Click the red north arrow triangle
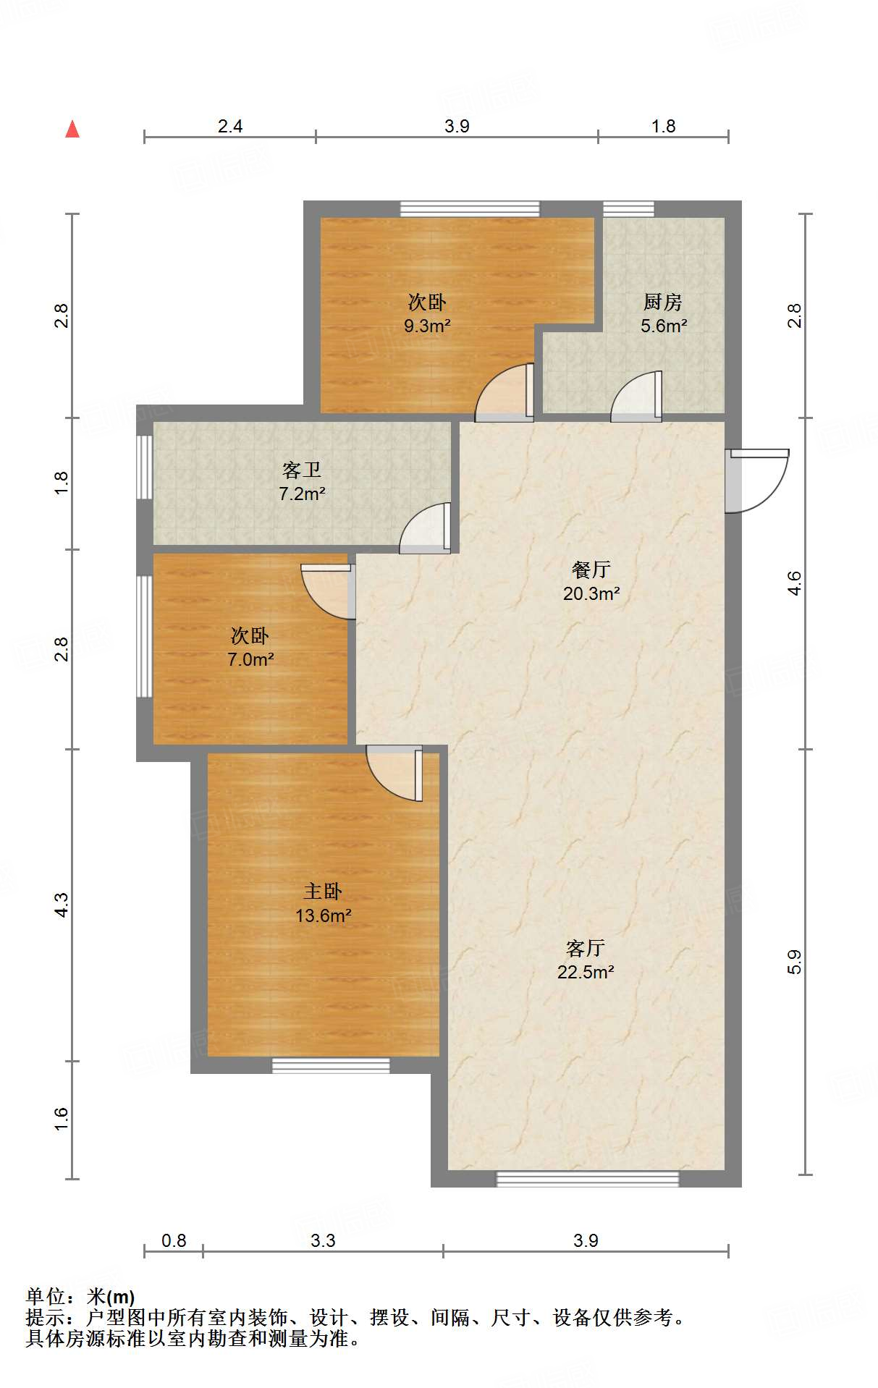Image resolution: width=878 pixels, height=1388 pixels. pyautogui.click(x=72, y=129)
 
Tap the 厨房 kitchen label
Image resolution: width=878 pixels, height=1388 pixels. pyautogui.click(x=663, y=302)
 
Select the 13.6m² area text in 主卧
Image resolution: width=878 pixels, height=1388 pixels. pyautogui.click(x=323, y=915)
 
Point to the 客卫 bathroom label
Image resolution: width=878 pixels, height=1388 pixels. pyautogui.click(x=302, y=470)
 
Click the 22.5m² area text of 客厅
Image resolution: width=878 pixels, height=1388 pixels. pyautogui.click(x=586, y=972)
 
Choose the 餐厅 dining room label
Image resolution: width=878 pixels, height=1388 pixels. pyautogui.click(x=591, y=570)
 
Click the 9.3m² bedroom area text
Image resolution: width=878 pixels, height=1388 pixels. pyautogui.click(x=427, y=326)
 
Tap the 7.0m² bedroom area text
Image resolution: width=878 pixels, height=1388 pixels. pyautogui.click(x=250, y=659)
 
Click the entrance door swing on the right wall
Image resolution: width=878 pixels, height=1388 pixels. pyautogui.click(x=757, y=481)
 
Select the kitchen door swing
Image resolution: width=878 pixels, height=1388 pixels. pyautogui.click(x=636, y=396)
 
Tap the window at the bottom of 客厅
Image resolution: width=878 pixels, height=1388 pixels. pyautogui.click(x=588, y=1179)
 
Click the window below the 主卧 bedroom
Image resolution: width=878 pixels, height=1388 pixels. pyautogui.click(x=331, y=1065)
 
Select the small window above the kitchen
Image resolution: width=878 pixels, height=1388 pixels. pyautogui.click(x=628, y=208)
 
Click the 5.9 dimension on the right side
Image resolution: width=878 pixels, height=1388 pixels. pyautogui.click(x=794, y=962)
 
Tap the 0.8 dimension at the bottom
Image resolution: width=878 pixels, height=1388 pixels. pyautogui.click(x=174, y=1240)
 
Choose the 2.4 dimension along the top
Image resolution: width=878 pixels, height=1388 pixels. pyautogui.click(x=230, y=126)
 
